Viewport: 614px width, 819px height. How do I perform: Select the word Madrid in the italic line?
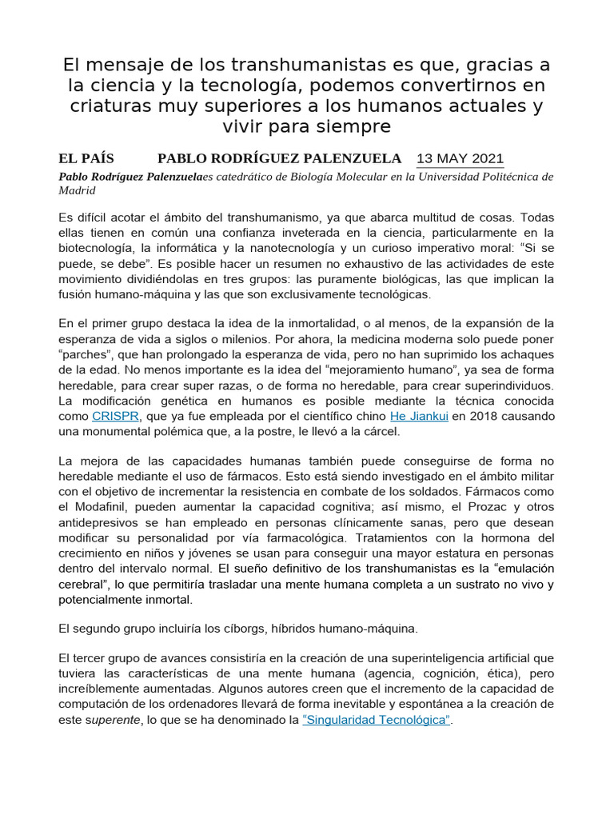(77, 190)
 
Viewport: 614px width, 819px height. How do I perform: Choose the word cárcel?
(379, 432)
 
